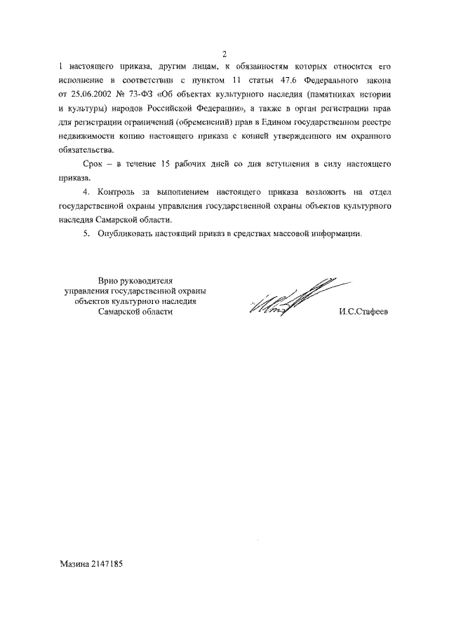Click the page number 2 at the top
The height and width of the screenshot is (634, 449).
click(x=224, y=54)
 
